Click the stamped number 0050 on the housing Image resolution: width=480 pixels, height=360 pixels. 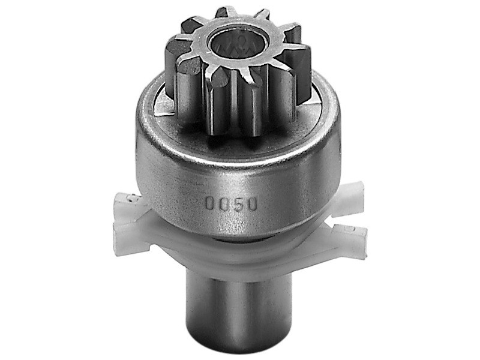tap(230, 203)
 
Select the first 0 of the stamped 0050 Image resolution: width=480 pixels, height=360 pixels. tap(210, 203)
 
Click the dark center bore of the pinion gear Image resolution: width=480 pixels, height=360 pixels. tap(239, 43)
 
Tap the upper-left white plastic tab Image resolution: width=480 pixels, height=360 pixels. tap(128, 203)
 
